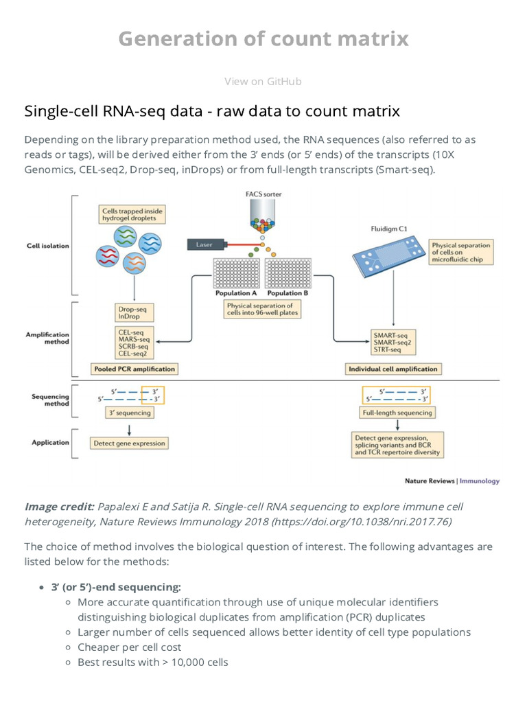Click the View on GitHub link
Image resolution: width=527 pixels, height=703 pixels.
pyautogui.click(x=263, y=82)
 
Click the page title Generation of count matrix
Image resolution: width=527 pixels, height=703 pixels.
pyautogui.click(x=263, y=40)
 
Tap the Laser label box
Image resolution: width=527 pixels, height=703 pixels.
pyautogui.click(x=205, y=244)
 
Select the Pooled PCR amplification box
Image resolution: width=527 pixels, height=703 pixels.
pyautogui.click(x=134, y=369)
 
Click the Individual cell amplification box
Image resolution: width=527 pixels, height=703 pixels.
pyautogui.click(x=393, y=369)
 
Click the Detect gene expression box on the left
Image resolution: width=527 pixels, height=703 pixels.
pyautogui.click(x=129, y=443)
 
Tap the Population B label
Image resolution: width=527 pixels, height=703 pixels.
pyautogui.click(x=288, y=293)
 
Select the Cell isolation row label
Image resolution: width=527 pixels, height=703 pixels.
pyautogui.click(x=47, y=245)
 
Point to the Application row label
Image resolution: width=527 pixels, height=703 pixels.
pyautogui.click(x=50, y=443)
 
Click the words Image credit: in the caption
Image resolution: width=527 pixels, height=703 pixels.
pyautogui.click(x=60, y=507)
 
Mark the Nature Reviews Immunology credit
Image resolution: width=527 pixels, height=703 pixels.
pyautogui.click(x=452, y=481)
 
